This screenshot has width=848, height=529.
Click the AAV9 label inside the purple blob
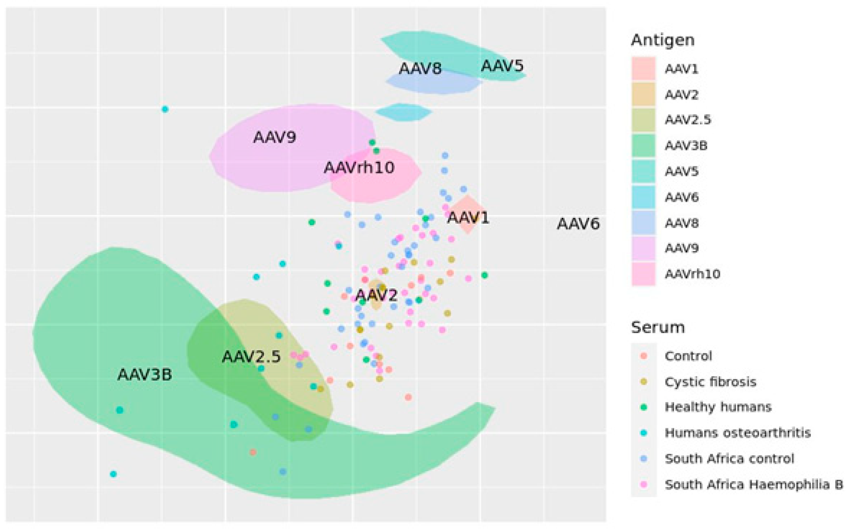coord(274,137)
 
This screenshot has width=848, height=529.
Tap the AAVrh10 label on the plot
coord(359,168)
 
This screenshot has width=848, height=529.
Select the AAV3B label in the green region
coord(145,375)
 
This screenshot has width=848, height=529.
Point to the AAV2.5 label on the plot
coord(251,357)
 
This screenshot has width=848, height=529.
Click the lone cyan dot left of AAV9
coord(165,109)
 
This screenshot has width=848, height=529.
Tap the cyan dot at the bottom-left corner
coord(113,474)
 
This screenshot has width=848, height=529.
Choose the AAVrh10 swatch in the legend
coord(643,274)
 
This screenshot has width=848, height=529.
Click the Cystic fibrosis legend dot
coord(643,382)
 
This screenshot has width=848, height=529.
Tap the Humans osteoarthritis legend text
coord(737,433)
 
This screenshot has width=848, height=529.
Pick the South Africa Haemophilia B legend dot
coord(643,484)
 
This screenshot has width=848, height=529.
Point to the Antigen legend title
coord(662,40)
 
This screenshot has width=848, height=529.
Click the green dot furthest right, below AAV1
coord(484,275)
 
